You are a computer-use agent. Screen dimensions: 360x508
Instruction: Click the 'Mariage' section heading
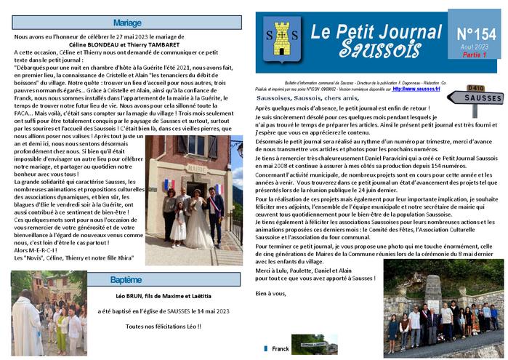tap(126, 23)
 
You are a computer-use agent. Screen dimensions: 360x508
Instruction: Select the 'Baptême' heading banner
tap(126, 279)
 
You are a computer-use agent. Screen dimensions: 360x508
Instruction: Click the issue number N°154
tap(476, 33)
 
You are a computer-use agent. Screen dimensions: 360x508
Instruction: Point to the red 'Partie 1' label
tap(475, 55)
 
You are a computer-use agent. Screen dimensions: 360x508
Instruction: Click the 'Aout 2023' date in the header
tap(475, 47)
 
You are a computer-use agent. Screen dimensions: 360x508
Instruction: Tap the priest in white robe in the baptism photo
tap(28, 327)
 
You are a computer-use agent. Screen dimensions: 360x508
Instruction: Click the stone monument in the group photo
tap(435, 293)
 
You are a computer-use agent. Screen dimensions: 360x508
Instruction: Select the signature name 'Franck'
tap(280, 349)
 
